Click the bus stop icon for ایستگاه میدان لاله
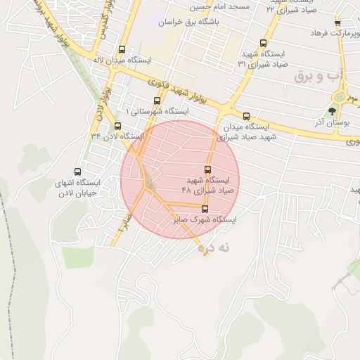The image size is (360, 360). pyautogui.click(x=122, y=50)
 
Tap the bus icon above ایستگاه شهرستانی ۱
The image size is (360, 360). pyautogui.click(x=157, y=101)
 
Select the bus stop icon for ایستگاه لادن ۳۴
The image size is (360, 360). pyautogui.click(x=117, y=127)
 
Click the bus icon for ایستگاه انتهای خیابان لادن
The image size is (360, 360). pyautogui.click(x=77, y=172)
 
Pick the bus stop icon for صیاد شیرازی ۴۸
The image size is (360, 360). pyautogui.click(x=207, y=169)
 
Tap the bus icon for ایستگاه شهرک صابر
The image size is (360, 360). pyautogui.click(x=205, y=209)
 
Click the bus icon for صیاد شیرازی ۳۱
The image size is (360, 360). pyautogui.click(x=264, y=43)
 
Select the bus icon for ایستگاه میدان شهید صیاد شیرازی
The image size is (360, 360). pyautogui.click(x=246, y=117)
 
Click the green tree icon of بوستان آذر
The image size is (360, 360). pyautogui.click(x=333, y=111)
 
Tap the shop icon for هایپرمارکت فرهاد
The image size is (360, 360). pyautogui.click(x=337, y=23)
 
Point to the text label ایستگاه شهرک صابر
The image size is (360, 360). pyautogui.click(x=205, y=220)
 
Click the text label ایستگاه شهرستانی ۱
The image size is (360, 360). pyautogui.click(x=157, y=111)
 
